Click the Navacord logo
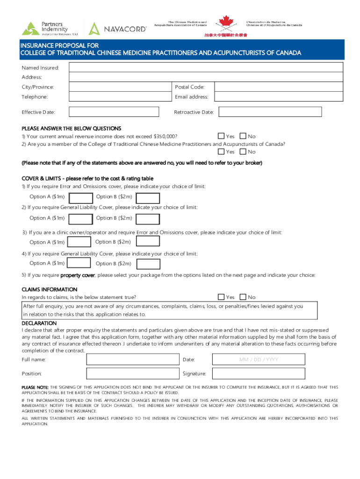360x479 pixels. pyautogui.click(x=118, y=29)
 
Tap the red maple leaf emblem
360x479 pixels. pyautogui.click(x=225, y=23)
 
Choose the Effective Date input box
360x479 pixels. pyautogui.click(x=118, y=112)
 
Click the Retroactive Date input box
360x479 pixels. pyautogui.click(x=271, y=112)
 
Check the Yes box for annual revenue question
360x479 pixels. pyautogui.click(x=221, y=136)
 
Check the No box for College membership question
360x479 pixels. pyautogui.click(x=243, y=152)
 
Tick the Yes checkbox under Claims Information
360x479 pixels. pyautogui.click(x=221, y=297)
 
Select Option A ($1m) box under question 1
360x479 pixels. pyautogui.click(x=80, y=198)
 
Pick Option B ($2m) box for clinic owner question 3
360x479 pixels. pyautogui.click(x=148, y=242)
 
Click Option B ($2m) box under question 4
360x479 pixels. pyautogui.click(x=148, y=264)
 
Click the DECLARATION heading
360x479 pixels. pyautogui.click(x=39, y=323)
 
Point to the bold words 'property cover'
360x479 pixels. pyautogui.click(x=78, y=275)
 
